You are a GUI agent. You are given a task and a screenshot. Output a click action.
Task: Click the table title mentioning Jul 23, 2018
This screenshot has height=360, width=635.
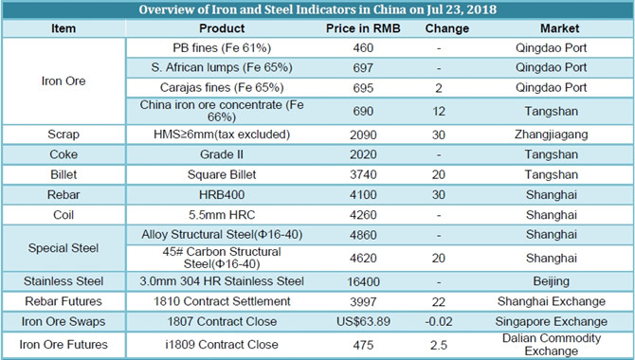tap(317, 9)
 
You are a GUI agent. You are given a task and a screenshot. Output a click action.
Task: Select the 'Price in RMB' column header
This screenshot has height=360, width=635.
tap(363, 28)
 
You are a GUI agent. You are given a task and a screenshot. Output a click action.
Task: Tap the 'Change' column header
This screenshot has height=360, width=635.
tap(446, 28)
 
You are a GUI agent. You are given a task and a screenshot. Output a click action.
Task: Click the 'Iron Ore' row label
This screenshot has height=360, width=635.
tap(63, 81)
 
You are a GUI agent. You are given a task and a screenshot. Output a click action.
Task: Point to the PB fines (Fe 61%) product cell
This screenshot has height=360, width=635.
tap(222, 48)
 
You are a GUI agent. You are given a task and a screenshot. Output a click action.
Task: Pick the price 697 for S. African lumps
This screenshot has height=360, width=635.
tap(363, 67)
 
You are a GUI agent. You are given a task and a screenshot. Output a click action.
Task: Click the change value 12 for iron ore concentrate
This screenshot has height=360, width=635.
tap(439, 111)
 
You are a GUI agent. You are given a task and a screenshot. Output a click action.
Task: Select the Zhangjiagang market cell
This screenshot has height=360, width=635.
tap(552, 135)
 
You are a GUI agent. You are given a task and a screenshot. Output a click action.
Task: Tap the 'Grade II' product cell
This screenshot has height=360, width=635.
tap(222, 154)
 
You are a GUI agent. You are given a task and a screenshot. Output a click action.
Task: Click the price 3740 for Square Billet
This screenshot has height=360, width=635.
tap(363, 174)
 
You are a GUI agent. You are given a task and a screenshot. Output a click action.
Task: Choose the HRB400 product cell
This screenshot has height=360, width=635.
tap(222, 195)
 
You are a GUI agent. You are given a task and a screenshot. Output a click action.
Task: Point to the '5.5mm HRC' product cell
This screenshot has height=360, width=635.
tap(222, 215)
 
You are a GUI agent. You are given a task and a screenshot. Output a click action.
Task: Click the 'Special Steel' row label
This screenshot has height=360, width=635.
tap(63, 248)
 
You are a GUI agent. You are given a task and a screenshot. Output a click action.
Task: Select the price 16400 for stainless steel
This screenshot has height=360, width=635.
tap(363, 281)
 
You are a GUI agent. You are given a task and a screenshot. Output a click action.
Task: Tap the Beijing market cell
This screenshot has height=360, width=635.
tap(552, 281)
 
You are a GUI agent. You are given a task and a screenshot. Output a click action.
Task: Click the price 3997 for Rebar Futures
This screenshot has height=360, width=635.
tap(363, 301)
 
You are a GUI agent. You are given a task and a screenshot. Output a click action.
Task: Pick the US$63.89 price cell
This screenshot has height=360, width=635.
tap(363, 321)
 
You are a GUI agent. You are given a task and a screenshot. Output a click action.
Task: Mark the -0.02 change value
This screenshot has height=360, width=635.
tap(439, 321)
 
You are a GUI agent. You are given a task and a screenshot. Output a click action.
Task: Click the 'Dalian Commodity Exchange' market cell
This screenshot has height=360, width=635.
tap(552, 345)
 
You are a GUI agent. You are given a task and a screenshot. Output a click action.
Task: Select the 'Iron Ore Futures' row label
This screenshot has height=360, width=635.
tap(63, 345)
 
